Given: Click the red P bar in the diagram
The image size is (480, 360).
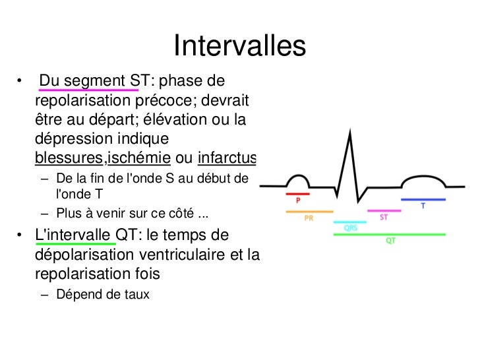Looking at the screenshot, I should coord(297,195).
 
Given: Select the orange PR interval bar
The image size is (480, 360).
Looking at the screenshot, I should coord(309,212).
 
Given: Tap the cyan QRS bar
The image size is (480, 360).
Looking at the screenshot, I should coord(349,223).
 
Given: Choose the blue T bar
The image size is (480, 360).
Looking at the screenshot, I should coord(423,198).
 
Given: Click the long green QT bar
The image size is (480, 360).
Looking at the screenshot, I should coord(390,234).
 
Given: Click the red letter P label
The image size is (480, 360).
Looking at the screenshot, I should coord(298,200).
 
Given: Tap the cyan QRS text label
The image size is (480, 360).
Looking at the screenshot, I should coord(352,228).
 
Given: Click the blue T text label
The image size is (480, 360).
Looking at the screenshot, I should coord(423,205).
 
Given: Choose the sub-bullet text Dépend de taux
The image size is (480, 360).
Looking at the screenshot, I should coord(103,294).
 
